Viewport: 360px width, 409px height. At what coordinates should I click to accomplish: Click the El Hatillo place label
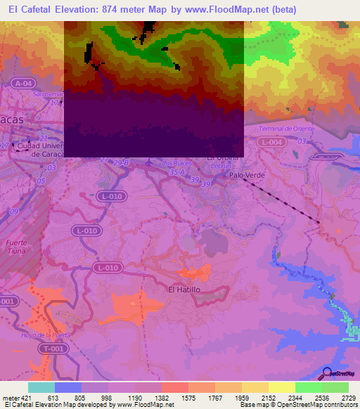pyautogui.click(x=185, y=289)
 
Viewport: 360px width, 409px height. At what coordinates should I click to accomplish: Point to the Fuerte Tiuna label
pyautogui.click(x=16, y=247)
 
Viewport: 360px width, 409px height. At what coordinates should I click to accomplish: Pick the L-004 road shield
pyautogui.click(x=270, y=142)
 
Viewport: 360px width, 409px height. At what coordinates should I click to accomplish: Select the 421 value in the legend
pyautogui.click(x=27, y=398)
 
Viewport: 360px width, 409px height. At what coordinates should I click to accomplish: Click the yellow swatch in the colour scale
pyautogui.click(x=282, y=387)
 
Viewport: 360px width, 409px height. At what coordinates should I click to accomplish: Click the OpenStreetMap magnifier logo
pyautogui.click(x=328, y=374)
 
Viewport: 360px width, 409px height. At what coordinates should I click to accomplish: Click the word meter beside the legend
pyautogui.click(x=9, y=398)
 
